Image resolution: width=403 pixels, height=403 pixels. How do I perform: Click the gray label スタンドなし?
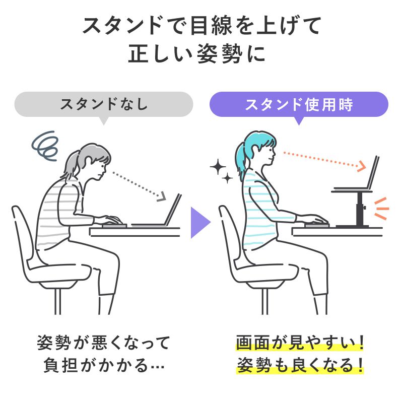(104, 105)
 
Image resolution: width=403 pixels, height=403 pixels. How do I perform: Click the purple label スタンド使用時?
(299, 105)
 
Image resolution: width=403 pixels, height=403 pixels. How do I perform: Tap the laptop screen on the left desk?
(174, 210)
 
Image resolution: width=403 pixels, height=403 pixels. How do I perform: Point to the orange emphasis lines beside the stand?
(381, 209)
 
